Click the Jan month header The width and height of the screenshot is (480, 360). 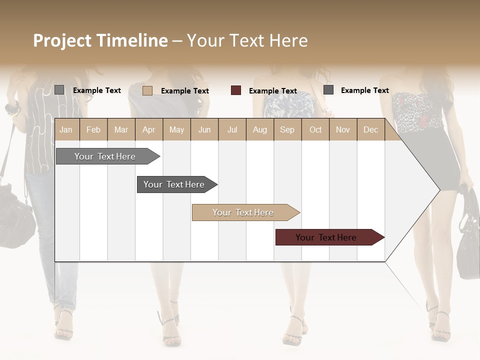(x=66, y=129)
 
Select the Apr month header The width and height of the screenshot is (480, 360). (x=149, y=129)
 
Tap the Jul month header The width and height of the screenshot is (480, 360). (x=232, y=129)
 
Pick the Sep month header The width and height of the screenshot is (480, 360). (x=287, y=129)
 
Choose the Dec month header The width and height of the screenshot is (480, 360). (x=370, y=129)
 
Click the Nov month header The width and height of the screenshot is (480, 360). (x=343, y=129)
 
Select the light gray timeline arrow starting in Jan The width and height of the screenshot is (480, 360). (x=105, y=156)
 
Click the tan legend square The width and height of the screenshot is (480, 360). (x=147, y=90)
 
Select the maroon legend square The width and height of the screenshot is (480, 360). (x=236, y=90)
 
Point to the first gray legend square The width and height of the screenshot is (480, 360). (x=59, y=90)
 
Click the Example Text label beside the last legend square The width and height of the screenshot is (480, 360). (x=364, y=90)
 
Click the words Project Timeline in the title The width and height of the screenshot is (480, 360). (x=100, y=40)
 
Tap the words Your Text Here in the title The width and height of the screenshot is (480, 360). (x=247, y=40)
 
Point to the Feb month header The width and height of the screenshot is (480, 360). (x=93, y=129)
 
